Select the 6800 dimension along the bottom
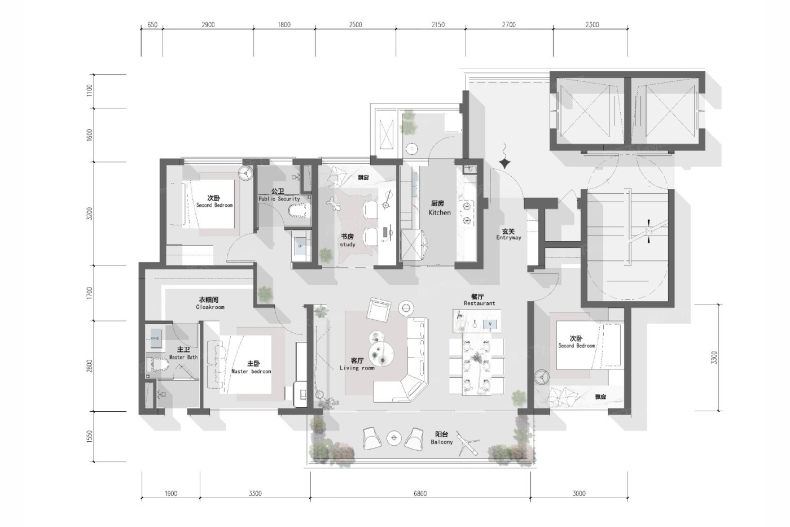[x=420, y=494]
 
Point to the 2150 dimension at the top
[x=438, y=25]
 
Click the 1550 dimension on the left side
[x=89, y=436]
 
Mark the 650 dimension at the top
[x=152, y=25]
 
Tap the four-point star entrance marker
[x=505, y=163]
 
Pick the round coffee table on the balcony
[x=394, y=438]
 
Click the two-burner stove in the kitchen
[x=467, y=213]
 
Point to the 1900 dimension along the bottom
[x=170, y=494]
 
